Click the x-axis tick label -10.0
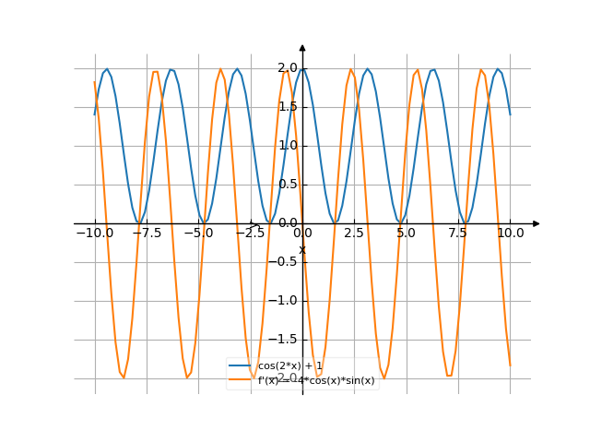(x=95, y=234)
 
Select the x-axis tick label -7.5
(x=147, y=234)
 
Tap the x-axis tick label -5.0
(x=198, y=234)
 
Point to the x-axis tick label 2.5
(x=354, y=234)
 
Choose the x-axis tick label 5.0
(x=407, y=234)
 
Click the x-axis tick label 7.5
(x=458, y=234)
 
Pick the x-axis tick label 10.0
(x=510, y=234)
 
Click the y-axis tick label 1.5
(x=287, y=107)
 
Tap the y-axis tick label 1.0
(x=287, y=146)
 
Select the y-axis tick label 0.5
(x=287, y=185)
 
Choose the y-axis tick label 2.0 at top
(x=287, y=68)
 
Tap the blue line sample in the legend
(x=242, y=366)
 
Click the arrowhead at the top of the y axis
(x=302, y=47)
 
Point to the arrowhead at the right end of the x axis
(x=537, y=223)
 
